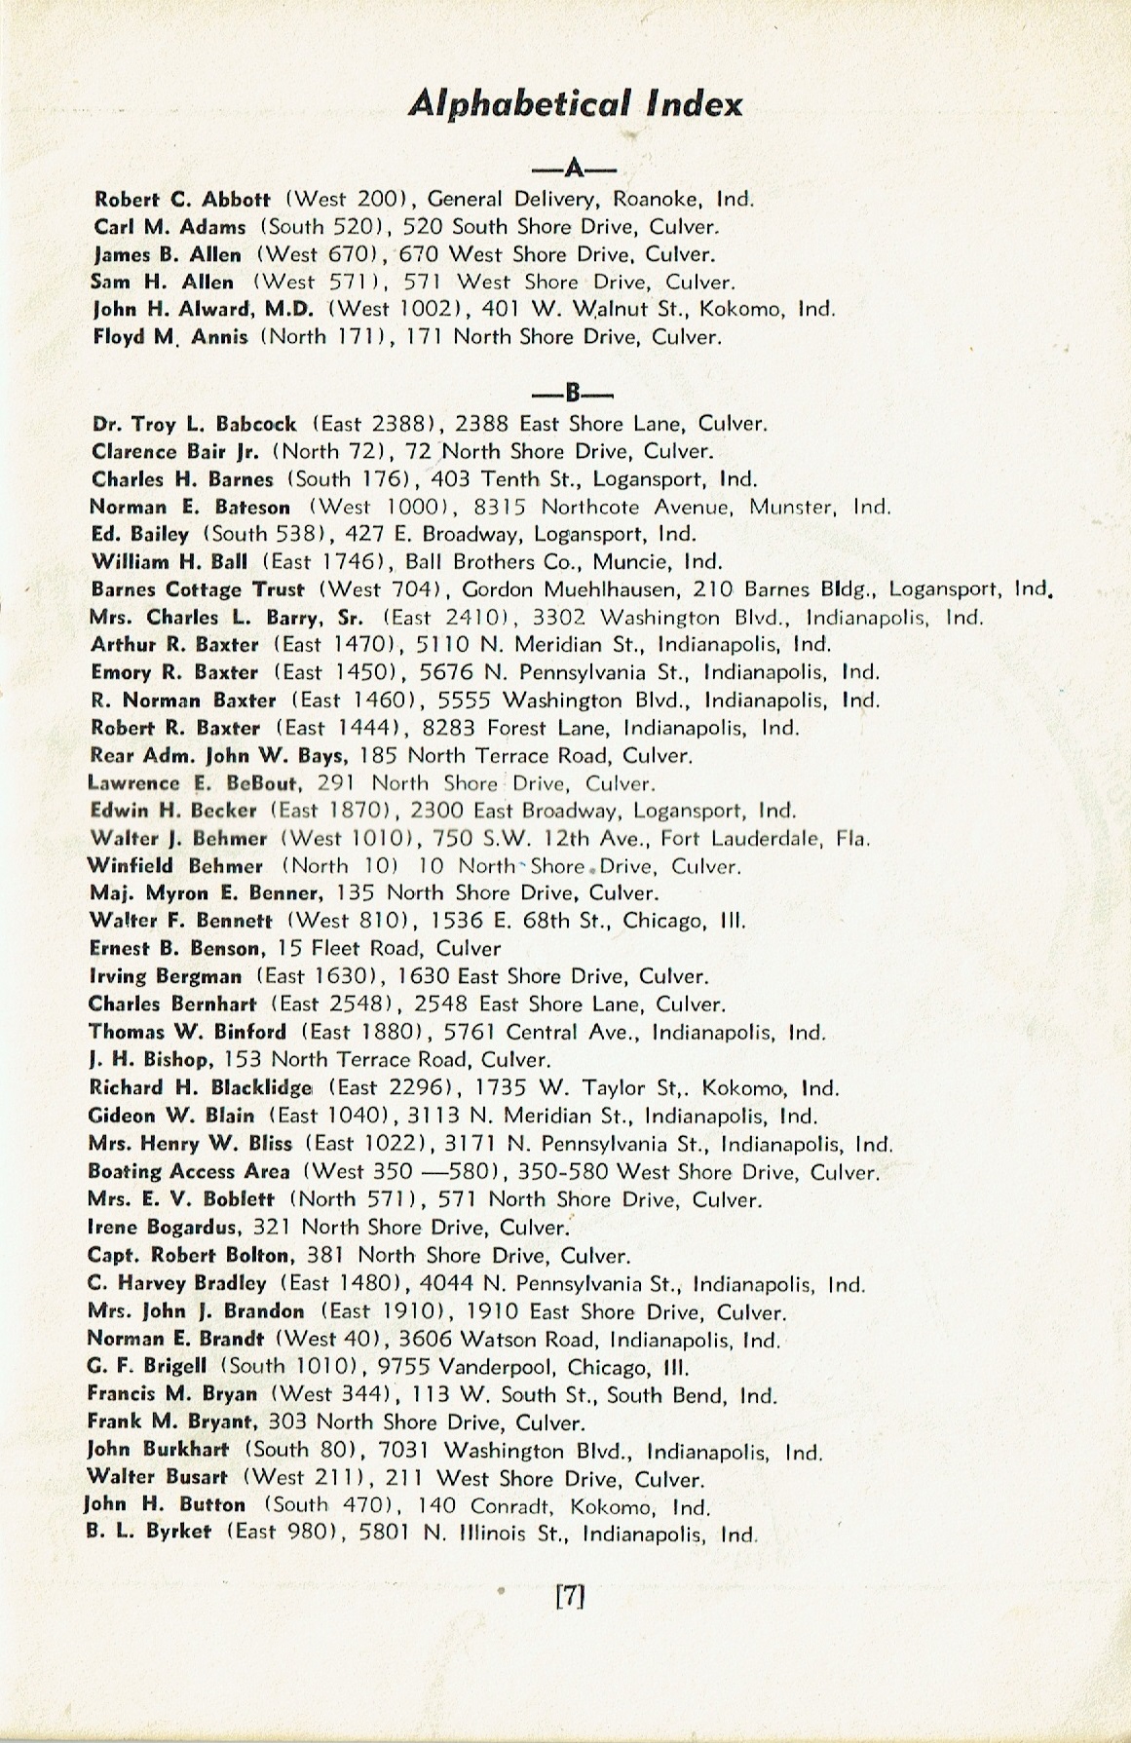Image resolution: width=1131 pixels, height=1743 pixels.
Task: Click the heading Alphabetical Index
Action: pyautogui.click(x=576, y=103)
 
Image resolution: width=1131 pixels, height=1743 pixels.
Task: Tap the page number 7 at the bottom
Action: pyautogui.click(x=569, y=1596)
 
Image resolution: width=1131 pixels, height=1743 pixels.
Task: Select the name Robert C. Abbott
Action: pyautogui.click(x=182, y=199)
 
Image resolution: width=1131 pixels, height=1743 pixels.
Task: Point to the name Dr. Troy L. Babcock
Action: pyautogui.click(x=194, y=424)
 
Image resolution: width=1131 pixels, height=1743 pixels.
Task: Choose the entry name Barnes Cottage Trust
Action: pyautogui.click(x=198, y=589)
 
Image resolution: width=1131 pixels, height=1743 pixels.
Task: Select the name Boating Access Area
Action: pyautogui.click(x=189, y=1171)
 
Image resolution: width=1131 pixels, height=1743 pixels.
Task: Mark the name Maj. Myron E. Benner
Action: pyautogui.click(x=204, y=892)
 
